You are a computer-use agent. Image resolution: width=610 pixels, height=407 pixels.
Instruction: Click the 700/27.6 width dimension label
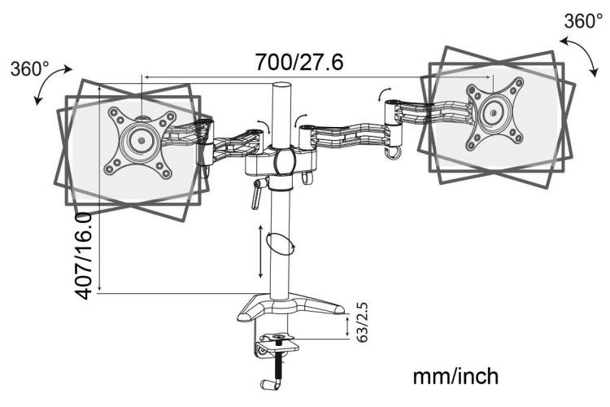299,62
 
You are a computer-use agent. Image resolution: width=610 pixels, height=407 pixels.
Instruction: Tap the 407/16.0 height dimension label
83,256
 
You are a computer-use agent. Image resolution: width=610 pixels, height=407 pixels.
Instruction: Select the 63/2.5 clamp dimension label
362,322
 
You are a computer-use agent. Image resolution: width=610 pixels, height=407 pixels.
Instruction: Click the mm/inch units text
455,377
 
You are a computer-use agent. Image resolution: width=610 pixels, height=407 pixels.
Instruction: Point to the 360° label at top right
583,21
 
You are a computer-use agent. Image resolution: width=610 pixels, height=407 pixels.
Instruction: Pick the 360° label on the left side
30,69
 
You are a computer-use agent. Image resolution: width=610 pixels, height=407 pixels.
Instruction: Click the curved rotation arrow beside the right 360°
581,55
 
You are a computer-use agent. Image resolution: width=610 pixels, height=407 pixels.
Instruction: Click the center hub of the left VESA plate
141,140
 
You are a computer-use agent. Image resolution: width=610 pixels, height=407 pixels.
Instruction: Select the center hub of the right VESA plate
494,112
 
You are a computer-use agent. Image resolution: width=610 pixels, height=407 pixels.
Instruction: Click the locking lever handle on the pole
258,194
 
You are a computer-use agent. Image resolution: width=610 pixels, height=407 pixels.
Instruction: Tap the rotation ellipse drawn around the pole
280,244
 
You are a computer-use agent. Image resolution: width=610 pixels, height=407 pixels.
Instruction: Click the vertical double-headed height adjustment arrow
261,252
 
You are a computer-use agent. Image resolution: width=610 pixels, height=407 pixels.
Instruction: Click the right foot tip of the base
339,309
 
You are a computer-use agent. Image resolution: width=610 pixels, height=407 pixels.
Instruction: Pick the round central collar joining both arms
284,161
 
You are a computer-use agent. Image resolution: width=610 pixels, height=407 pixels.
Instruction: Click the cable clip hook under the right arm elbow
392,153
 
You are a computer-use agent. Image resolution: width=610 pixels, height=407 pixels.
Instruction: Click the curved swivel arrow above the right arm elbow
384,94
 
